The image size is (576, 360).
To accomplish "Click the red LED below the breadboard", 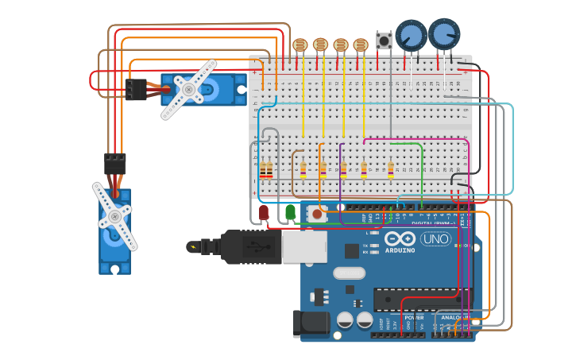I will pos(264,212).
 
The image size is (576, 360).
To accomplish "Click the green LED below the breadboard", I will pos(291,212).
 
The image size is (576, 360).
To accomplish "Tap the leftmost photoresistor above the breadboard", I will pos(300,45).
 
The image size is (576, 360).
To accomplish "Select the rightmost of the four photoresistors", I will pos(361,45).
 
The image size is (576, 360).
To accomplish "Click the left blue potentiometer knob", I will pos(411,35).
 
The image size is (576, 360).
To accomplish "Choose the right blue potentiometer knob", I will pos(444,33).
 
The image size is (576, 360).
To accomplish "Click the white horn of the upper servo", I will pos(188,90).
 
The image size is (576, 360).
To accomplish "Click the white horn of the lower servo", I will pos(114,216).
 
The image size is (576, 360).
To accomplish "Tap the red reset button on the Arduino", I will pos(318,213).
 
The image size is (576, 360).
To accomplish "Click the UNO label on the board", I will pos(435,238).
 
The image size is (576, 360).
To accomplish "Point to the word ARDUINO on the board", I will pos(400,250).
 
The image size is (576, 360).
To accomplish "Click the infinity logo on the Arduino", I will pos(400,239).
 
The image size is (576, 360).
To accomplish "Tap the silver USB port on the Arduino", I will pos(304,247).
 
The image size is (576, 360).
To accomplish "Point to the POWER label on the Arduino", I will pos(413,316).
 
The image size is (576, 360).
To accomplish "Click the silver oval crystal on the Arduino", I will pos(349,273).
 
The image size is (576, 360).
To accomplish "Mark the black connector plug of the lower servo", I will pos(115,163).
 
